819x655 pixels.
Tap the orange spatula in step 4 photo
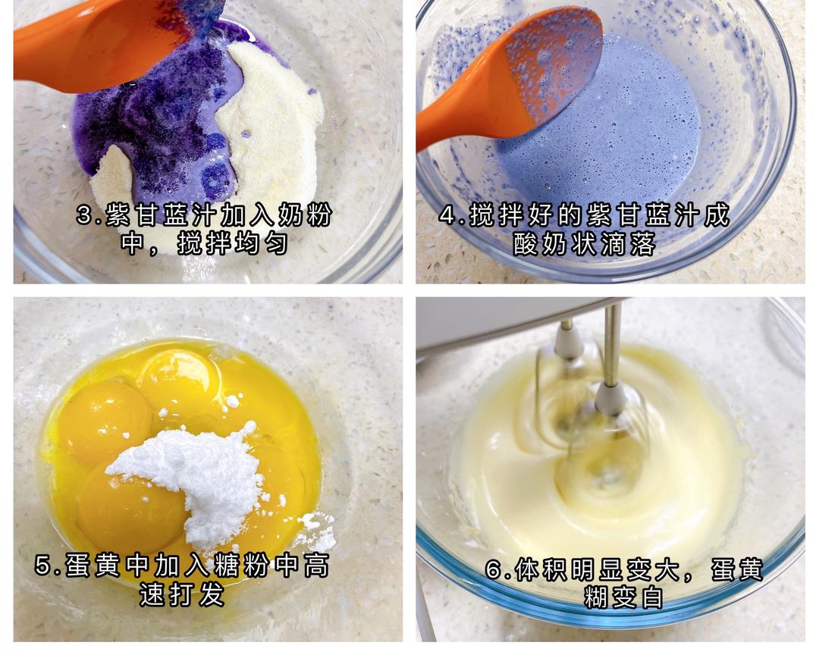tap(517, 78)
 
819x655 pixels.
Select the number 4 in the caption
tap(448, 215)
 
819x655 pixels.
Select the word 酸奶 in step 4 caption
tap(541, 243)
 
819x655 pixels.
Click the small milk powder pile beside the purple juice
tap(112, 180)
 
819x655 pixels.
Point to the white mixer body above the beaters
tap(517, 321)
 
